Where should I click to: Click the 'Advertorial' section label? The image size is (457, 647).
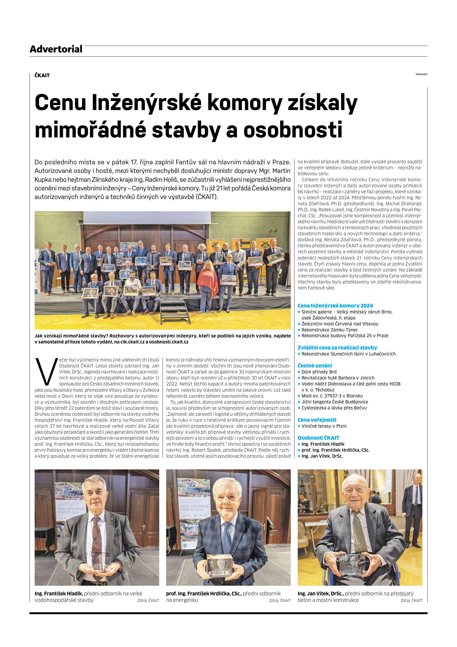pyautogui.click(x=56, y=49)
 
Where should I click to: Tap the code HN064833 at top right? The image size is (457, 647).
pyautogui.click(x=421, y=75)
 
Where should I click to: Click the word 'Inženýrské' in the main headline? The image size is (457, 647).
pyautogui.click(x=147, y=104)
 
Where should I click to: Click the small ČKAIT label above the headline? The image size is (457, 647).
pyautogui.click(x=42, y=75)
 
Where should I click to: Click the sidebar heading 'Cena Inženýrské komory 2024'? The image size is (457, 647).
pyautogui.click(x=335, y=306)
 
